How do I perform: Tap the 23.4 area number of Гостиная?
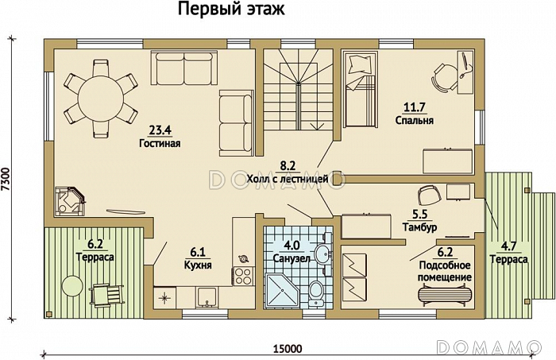click(x=160, y=131)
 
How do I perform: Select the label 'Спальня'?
click(x=414, y=121)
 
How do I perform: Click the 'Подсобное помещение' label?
click(x=445, y=270)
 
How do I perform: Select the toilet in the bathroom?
click(x=315, y=290)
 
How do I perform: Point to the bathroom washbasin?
click(x=321, y=254)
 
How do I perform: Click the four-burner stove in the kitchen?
click(x=242, y=276)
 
